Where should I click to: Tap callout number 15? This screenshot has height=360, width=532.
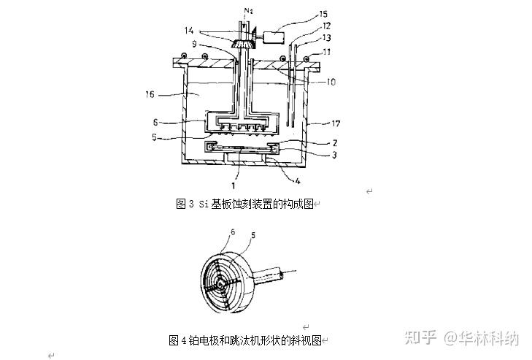point(323,15)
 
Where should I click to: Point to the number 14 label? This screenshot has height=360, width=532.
point(189,31)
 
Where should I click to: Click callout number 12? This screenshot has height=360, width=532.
point(326,26)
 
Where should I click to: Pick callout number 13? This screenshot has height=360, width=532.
point(326,37)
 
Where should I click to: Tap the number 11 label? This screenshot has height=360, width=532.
point(327,52)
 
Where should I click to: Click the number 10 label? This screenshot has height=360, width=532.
point(331,82)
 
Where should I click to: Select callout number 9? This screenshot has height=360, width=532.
point(194,44)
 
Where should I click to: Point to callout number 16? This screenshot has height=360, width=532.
point(150,94)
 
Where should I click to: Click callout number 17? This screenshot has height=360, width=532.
point(336,123)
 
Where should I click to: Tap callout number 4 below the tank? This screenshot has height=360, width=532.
point(298,180)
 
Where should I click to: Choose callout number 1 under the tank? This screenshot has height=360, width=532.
point(233,185)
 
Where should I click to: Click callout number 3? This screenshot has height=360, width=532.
point(334,155)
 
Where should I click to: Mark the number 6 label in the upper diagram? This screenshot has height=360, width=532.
point(155,122)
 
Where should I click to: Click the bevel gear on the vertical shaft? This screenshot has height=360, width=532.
point(242,44)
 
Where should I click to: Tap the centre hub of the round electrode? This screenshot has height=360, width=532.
point(220,283)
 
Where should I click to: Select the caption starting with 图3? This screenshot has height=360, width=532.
point(244,204)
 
